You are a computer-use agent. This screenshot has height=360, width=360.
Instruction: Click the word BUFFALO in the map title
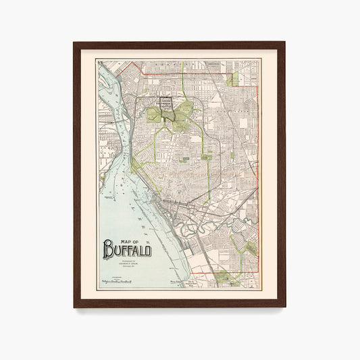(128, 251)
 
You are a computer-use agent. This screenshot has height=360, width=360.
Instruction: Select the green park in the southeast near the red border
(248, 247)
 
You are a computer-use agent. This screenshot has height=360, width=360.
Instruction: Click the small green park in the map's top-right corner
(232, 80)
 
